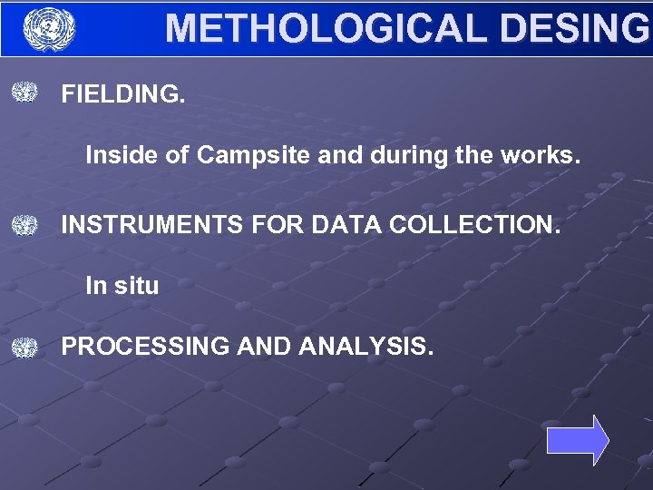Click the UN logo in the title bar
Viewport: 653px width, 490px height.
click(49, 29)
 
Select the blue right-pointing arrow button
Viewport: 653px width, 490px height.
click(578, 441)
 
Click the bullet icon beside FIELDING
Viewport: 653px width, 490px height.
click(25, 93)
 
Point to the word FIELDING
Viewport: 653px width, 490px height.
click(122, 94)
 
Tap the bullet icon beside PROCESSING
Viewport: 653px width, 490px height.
click(25, 347)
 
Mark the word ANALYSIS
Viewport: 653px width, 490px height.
click(366, 347)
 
